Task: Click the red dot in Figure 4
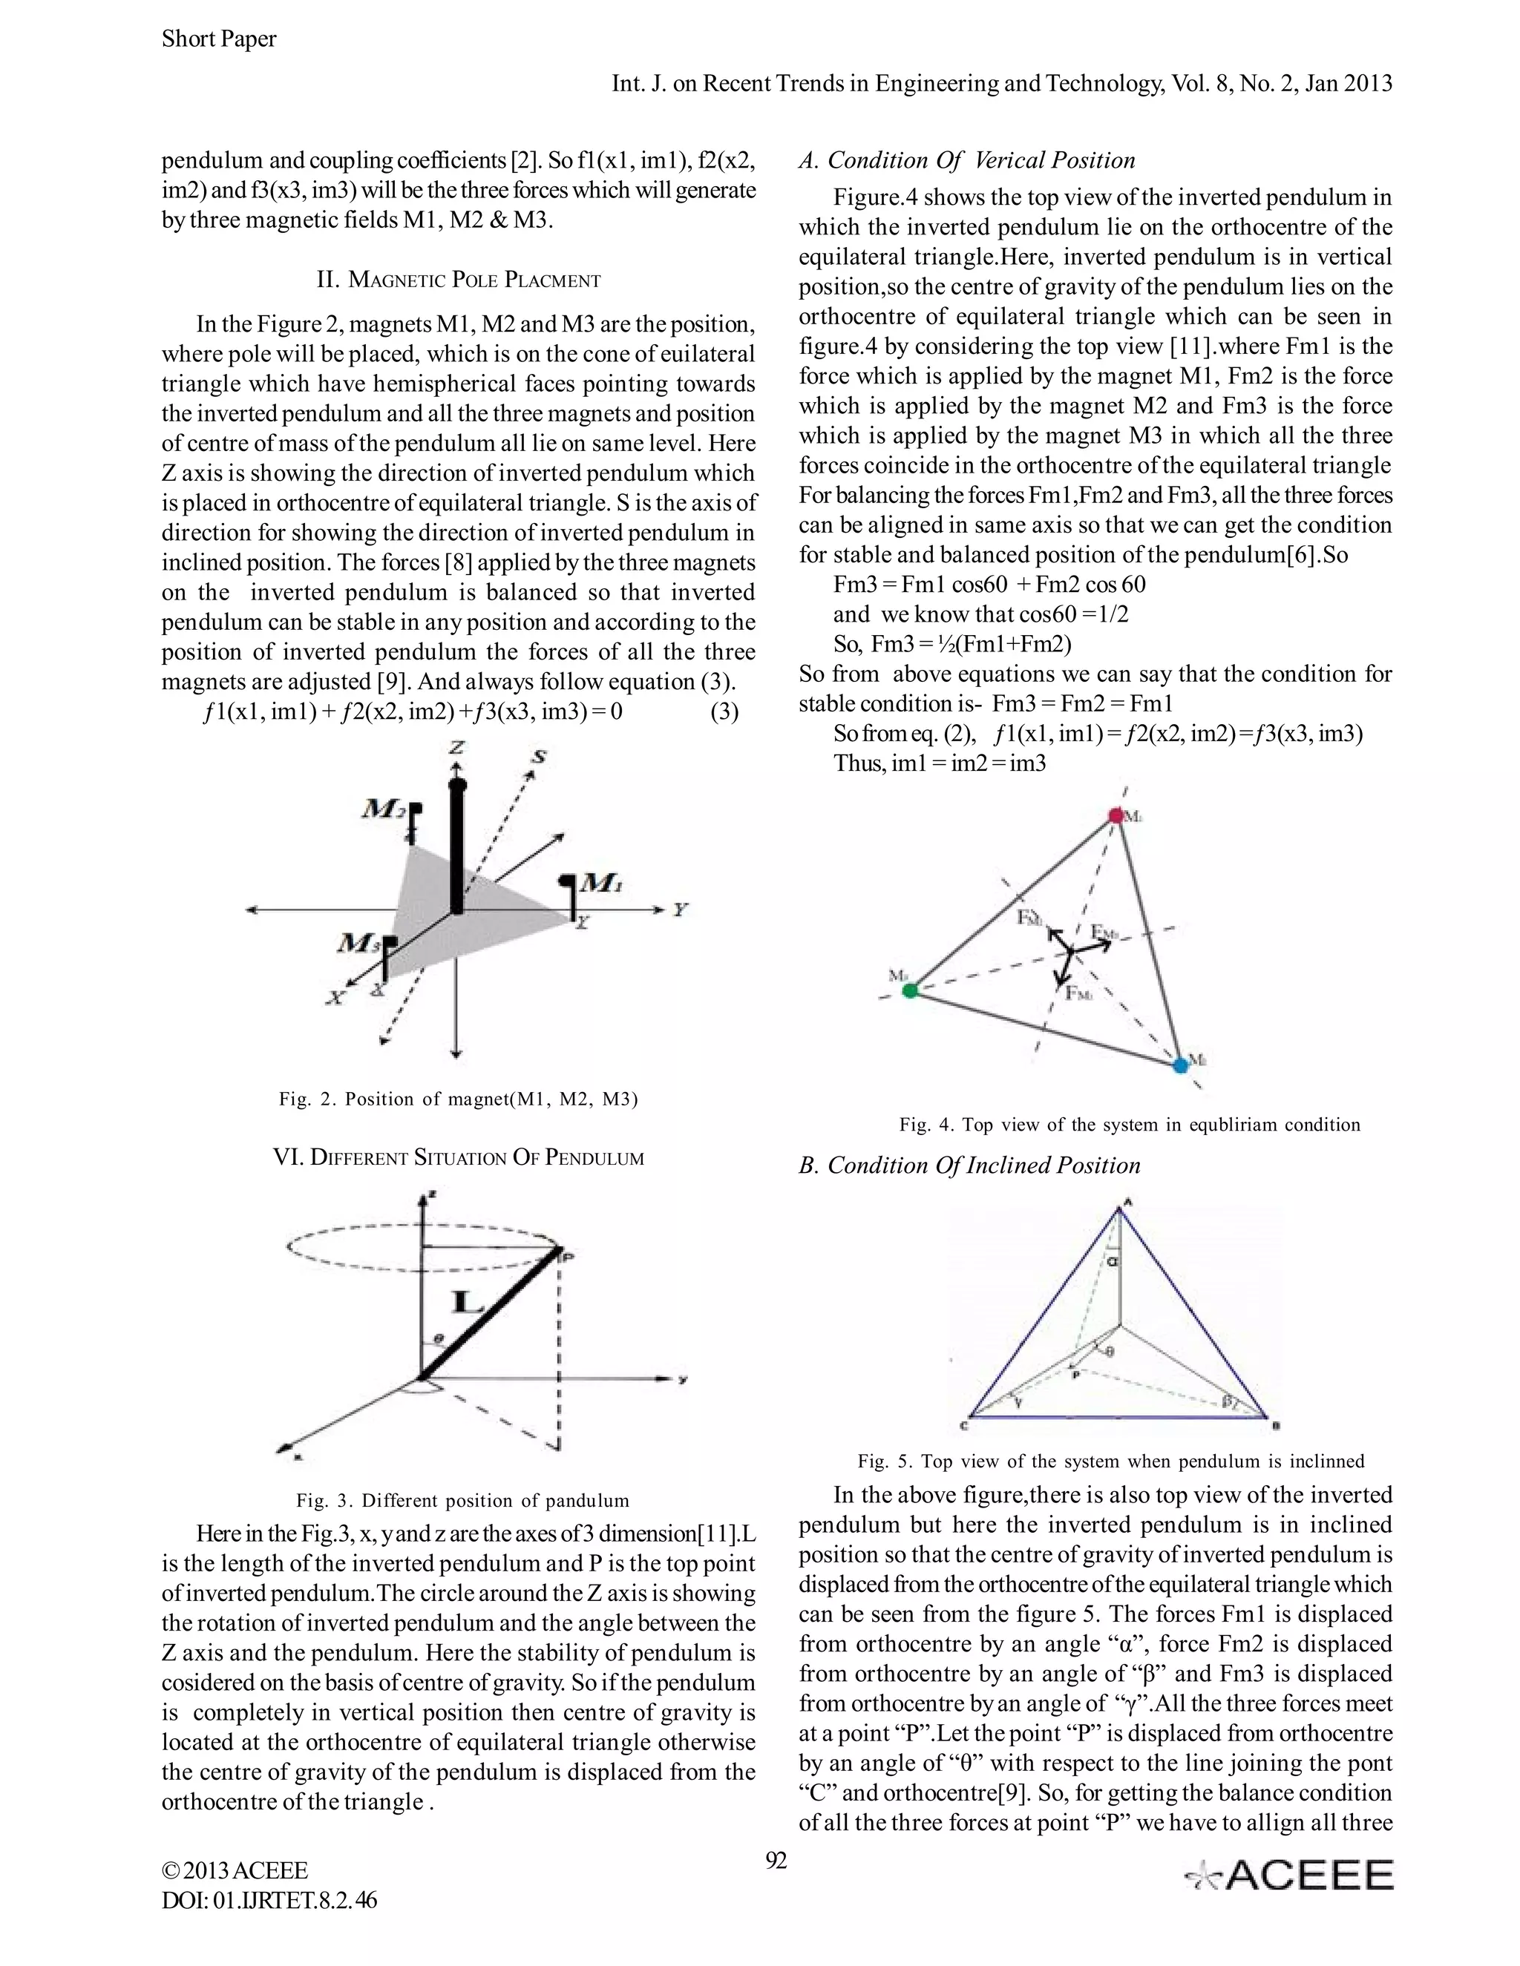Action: (x=1116, y=815)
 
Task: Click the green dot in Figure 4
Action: (x=911, y=991)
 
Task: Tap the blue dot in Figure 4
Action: (x=1181, y=1065)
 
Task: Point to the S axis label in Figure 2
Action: (x=539, y=756)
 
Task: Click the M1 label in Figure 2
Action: (x=600, y=884)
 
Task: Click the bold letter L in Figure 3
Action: (x=469, y=1301)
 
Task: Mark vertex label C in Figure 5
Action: (x=963, y=1427)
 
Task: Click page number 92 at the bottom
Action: (x=776, y=1860)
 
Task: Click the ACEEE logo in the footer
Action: (x=1288, y=1875)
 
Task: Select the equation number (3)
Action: (x=724, y=712)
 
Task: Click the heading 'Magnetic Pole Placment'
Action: (x=459, y=280)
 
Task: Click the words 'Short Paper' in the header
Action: (x=219, y=39)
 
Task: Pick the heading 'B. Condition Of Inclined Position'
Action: (x=969, y=1165)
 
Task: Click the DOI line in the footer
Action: (x=269, y=1900)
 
